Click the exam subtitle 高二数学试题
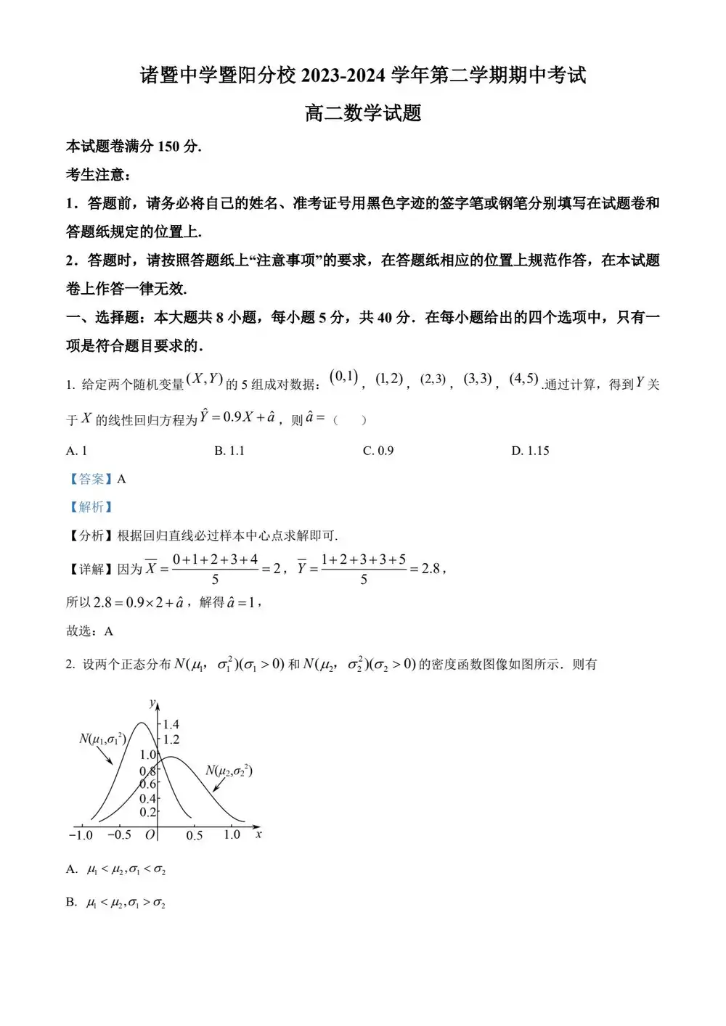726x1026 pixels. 363,113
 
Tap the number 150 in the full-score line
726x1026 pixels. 168,147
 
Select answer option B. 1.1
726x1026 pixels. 229,451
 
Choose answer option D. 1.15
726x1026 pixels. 530,451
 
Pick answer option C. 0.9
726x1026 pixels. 378,451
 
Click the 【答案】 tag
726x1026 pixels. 91,479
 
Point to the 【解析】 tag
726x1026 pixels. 91,507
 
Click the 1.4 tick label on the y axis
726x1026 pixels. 171,724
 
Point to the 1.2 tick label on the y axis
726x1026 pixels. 171,739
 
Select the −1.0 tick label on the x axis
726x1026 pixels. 81,835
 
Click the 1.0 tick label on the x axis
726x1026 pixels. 232,834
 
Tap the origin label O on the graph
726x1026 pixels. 150,835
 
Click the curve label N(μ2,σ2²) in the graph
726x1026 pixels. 229,771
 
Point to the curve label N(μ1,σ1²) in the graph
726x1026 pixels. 102,739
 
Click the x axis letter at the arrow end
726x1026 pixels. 258,834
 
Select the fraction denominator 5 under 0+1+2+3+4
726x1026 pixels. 215,580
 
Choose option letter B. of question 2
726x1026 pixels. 71,903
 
